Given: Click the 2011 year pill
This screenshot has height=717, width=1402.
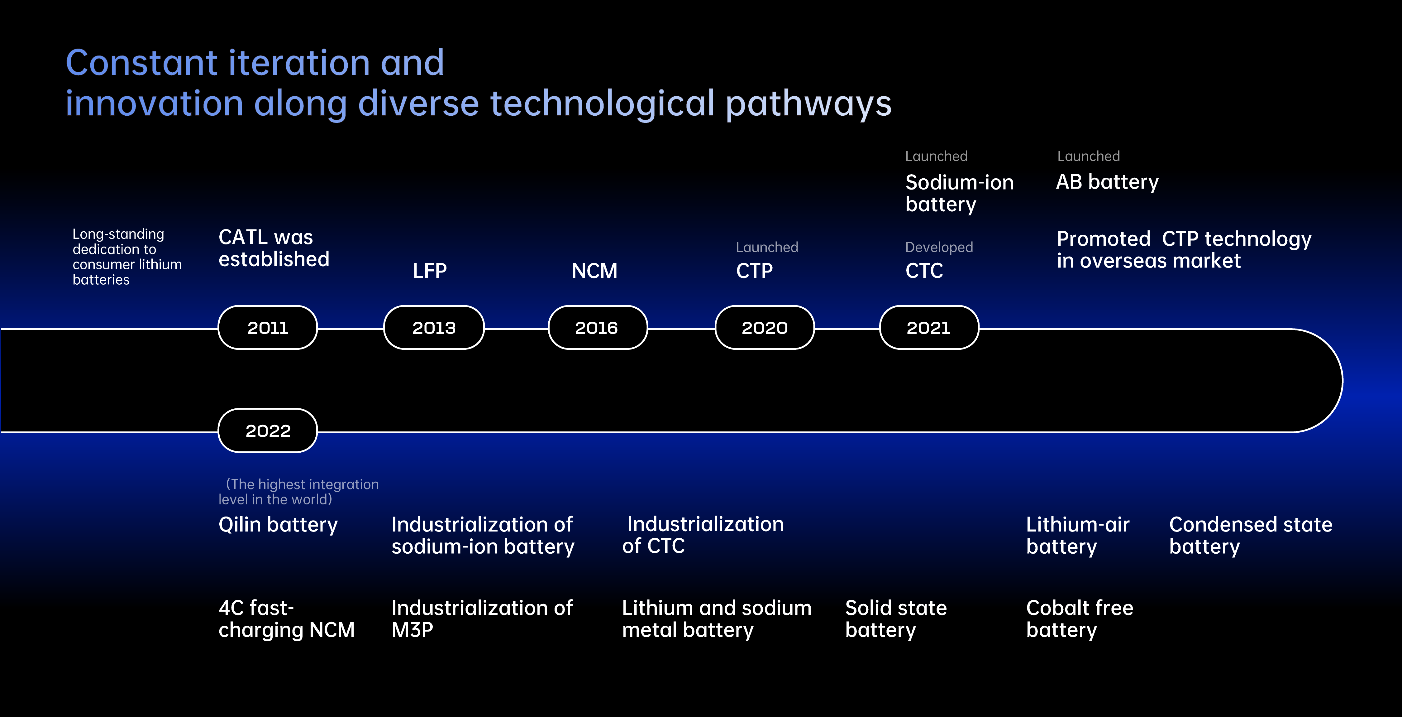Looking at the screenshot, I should coord(267,328).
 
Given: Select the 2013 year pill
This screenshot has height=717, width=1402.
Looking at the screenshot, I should coord(434,328).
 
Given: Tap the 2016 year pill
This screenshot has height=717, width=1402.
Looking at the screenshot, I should coord(597,328).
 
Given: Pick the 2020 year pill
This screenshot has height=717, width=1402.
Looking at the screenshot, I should coord(764,328).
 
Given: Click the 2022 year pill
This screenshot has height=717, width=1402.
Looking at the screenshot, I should coord(267,431).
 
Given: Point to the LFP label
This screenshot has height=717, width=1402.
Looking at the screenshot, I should coord(429,271).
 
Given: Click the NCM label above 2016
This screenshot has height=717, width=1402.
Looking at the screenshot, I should coord(594,271).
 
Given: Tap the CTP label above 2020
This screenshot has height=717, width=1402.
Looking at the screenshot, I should coord(754,271).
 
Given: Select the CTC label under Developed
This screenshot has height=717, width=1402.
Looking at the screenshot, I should coord(923,271).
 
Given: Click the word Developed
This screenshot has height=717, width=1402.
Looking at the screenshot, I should coord(939,247).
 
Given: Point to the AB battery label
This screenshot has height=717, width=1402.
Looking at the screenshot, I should coord(1107,182).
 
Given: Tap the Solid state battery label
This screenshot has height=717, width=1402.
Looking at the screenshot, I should coord(896,618).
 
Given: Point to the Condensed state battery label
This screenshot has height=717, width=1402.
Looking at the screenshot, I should coord(1250,535).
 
